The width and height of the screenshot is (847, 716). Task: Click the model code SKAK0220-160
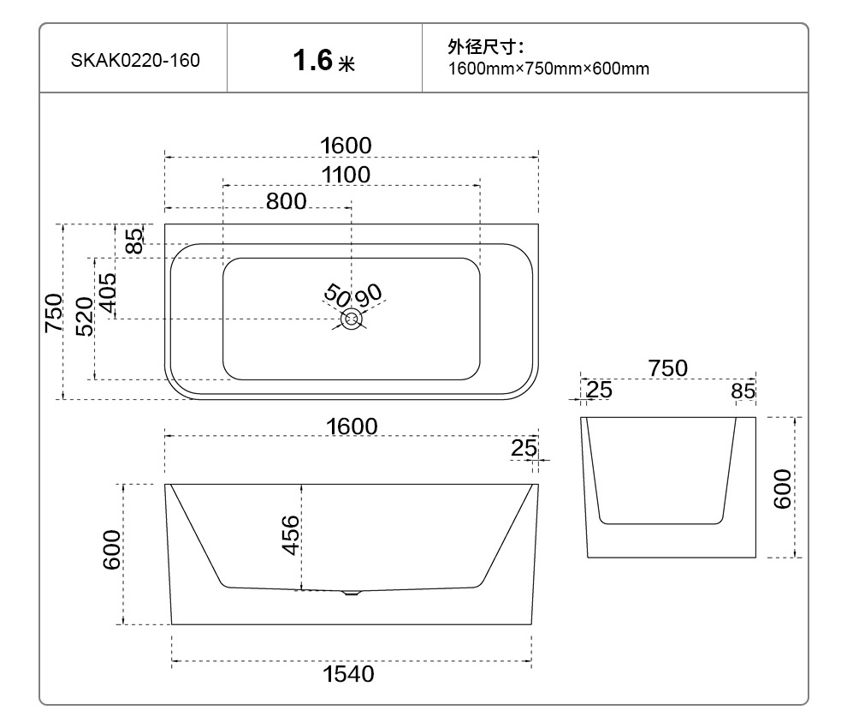click(x=135, y=61)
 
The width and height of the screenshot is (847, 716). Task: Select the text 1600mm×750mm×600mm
click(x=548, y=69)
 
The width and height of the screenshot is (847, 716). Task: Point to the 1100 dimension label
click(x=346, y=176)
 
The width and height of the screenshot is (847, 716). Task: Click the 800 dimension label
click(x=286, y=202)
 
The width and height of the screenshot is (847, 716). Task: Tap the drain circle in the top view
click(x=352, y=319)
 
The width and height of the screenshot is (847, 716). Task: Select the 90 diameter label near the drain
click(x=369, y=295)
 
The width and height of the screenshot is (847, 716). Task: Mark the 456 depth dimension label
click(x=291, y=535)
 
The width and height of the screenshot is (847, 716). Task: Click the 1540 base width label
click(x=348, y=675)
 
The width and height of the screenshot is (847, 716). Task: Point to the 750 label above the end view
click(x=667, y=368)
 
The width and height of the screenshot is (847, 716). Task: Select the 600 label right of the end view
click(x=783, y=488)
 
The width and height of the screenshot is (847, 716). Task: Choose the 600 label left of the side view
click(x=112, y=552)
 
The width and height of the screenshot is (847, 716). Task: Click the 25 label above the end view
click(x=600, y=391)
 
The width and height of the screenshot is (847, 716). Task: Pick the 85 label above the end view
click(x=743, y=391)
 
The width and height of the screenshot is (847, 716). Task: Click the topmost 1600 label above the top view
click(x=346, y=146)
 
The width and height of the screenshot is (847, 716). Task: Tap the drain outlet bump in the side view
click(x=352, y=593)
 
